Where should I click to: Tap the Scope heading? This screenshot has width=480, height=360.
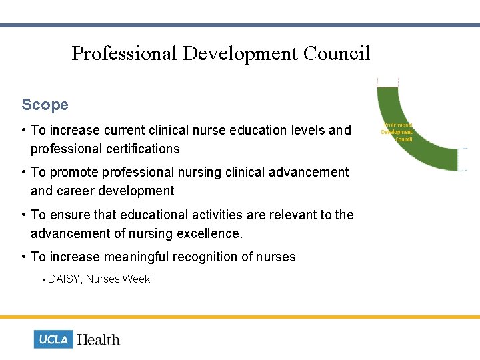click(45, 105)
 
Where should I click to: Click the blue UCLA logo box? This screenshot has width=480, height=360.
click(53, 339)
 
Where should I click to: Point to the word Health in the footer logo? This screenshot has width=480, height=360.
click(99, 339)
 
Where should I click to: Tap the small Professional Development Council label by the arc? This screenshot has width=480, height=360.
click(397, 131)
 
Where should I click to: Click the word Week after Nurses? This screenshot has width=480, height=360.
click(136, 279)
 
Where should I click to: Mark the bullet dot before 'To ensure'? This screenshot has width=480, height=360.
click(24, 215)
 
